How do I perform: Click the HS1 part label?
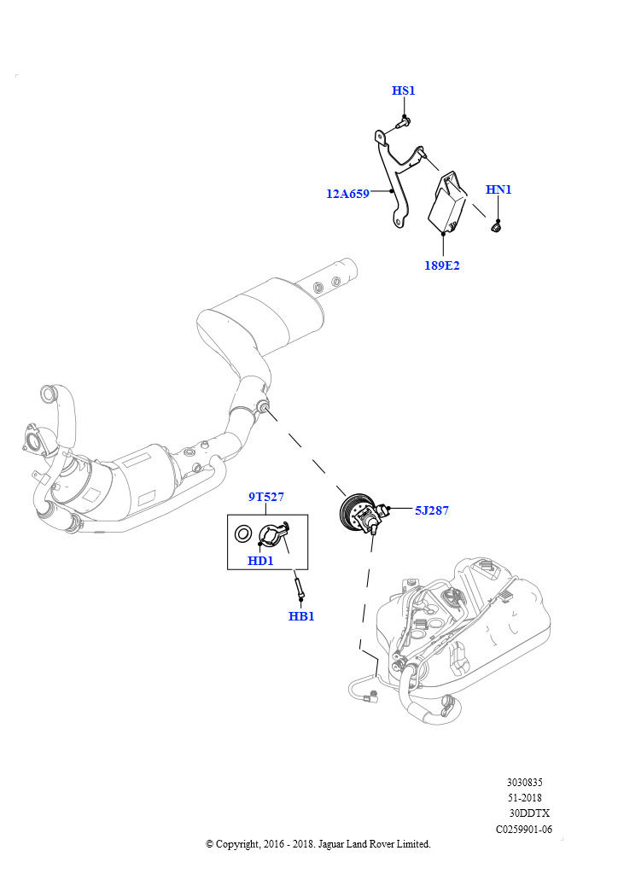pos(404,91)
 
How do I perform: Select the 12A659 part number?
pos(347,194)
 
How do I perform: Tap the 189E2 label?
pos(442,265)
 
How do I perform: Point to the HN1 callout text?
pos(498,189)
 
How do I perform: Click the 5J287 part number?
pos(432,510)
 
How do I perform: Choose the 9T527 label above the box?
pos(266,497)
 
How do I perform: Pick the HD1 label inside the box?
pos(260,561)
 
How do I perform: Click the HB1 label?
pos(301,615)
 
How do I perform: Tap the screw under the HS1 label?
pos(405,122)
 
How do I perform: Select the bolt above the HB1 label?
pos(299,588)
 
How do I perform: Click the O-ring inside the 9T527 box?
pos(243,535)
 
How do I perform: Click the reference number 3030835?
pos(524,782)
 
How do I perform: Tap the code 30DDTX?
pos(529,813)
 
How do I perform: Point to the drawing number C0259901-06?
pos(524,829)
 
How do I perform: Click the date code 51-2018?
pos(525,797)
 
